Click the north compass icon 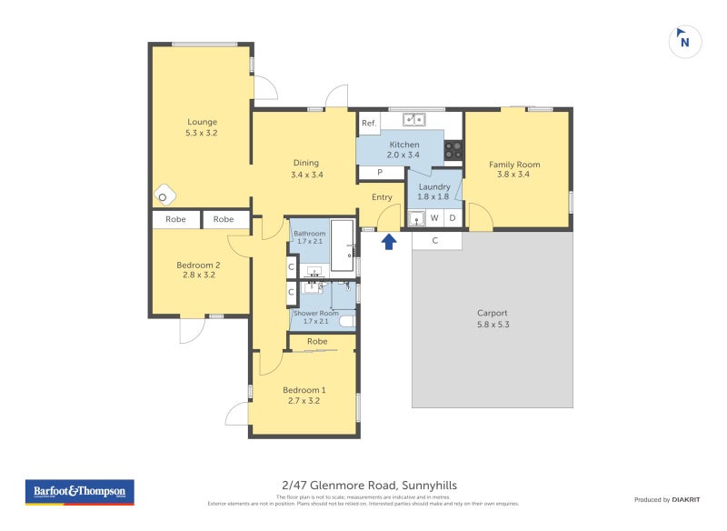pyautogui.click(x=685, y=42)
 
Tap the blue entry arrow pyautogui.click(x=389, y=241)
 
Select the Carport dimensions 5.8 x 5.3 pyautogui.click(x=493, y=324)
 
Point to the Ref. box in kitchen pyautogui.click(x=369, y=123)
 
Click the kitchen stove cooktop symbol pyautogui.click(x=453, y=149)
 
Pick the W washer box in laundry pyautogui.click(x=434, y=218)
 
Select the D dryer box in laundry pyautogui.click(x=453, y=218)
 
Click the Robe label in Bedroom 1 pyautogui.click(x=316, y=342)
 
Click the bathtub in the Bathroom pyautogui.click(x=342, y=245)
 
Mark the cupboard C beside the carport pyautogui.click(x=435, y=241)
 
